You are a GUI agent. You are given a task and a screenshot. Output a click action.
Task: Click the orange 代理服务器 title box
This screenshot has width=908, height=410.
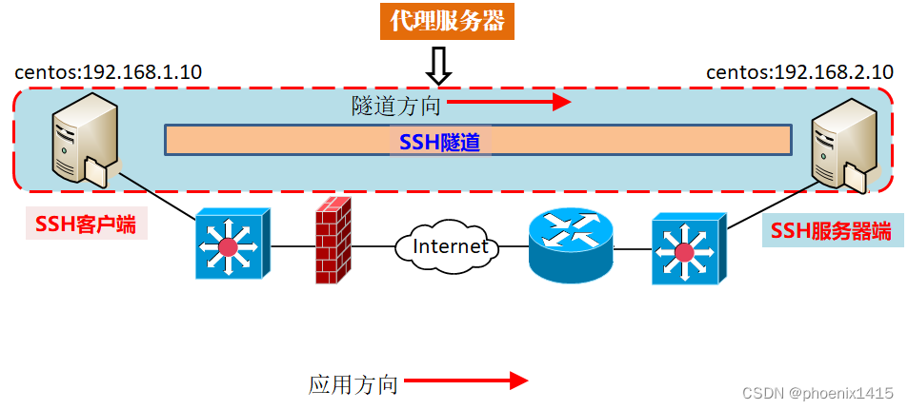point(447,21)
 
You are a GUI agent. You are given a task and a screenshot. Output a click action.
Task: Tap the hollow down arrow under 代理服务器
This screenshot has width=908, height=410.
point(438,67)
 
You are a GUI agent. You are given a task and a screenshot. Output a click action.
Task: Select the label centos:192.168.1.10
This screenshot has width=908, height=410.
point(109,72)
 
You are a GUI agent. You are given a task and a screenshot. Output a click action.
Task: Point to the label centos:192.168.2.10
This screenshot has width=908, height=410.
point(799,72)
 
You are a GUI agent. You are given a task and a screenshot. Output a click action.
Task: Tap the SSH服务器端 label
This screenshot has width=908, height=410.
point(831,230)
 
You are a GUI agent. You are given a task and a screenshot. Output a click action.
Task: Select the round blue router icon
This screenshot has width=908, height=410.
point(571,244)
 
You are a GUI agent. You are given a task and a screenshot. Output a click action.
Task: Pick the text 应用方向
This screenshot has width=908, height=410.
point(353,384)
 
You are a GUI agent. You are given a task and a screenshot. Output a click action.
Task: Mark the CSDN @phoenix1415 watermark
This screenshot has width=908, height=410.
point(817,393)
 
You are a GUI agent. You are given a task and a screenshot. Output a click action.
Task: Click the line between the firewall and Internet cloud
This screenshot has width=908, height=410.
point(373,247)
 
